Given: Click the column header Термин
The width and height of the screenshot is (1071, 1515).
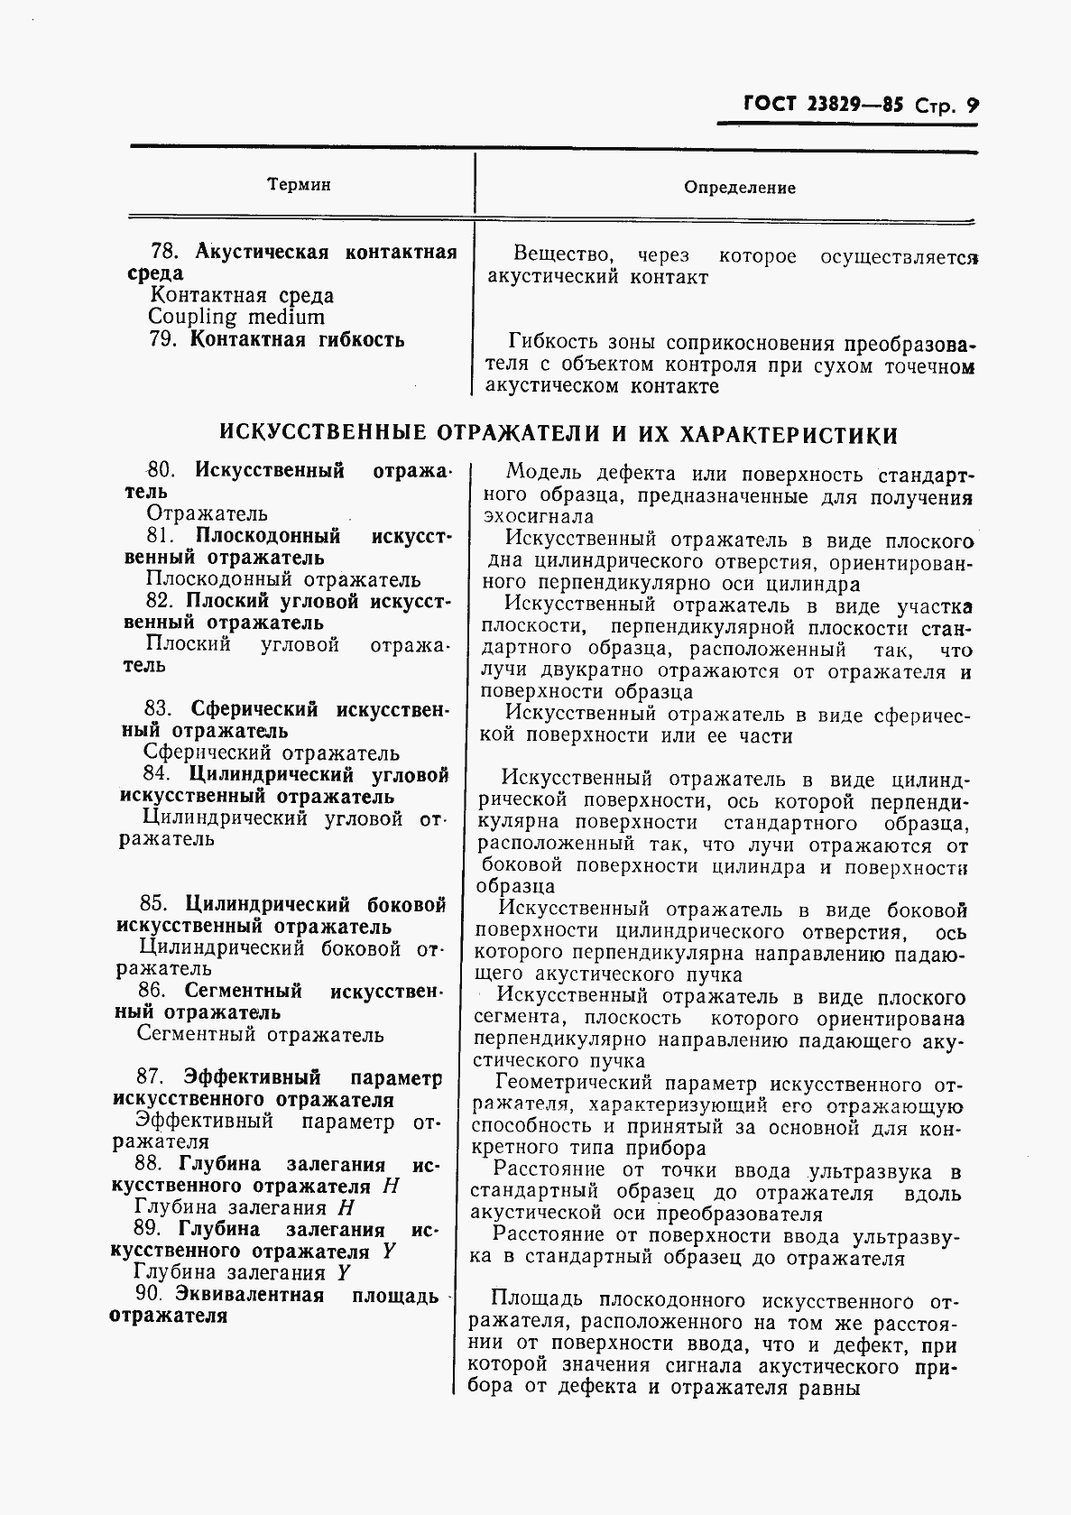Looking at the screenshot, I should (299, 185).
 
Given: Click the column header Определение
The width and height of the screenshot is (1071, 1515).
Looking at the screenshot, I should (740, 188).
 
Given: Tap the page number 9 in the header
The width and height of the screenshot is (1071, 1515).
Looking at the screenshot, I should (972, 105).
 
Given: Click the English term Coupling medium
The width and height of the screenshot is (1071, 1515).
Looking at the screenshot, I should (235, 317).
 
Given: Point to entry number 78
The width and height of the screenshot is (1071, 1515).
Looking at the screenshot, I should (163, 251).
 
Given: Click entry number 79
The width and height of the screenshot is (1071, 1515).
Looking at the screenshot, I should (162, 340).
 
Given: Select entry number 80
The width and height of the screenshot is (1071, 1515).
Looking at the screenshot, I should (160, 470).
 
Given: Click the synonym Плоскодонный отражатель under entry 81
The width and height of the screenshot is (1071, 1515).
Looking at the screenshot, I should (283, 579).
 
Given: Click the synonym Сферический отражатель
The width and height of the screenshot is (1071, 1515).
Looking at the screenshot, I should (272, 753).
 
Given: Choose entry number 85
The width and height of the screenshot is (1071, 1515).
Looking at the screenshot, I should (153, 904).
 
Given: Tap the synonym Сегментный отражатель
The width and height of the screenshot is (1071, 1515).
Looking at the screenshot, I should (260, 1035).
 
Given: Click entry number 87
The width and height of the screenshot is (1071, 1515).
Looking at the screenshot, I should (148, 1077).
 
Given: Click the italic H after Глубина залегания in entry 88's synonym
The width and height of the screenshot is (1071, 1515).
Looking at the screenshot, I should (344, 1207).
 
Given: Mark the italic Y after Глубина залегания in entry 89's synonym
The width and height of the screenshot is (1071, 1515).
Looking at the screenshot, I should (343, 1272).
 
